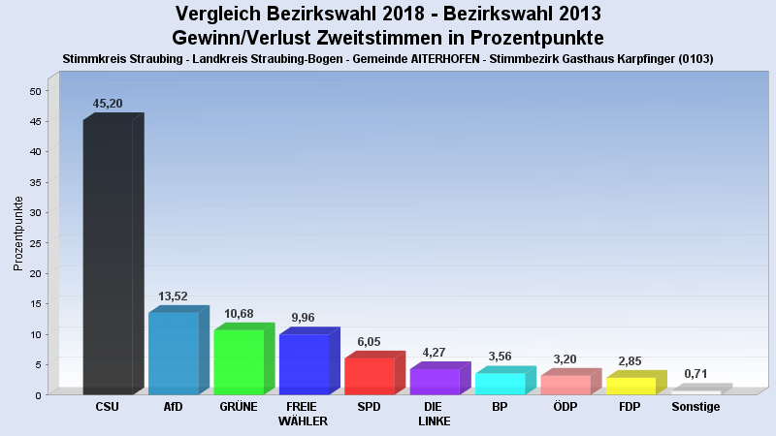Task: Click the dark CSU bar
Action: pos(108,257)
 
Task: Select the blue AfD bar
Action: pos(173,353)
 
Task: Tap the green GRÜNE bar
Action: pos(239,361)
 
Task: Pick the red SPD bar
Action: pos(370,376)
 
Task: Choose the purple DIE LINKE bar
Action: pos(435,381)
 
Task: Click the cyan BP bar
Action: pos(500,383)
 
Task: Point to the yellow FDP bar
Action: pos(630,386)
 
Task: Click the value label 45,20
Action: pos(108,104)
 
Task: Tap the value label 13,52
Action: pos(173,296)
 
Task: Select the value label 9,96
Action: pos(305,317)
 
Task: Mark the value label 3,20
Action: pos(566,358)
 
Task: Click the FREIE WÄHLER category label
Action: pos(303,414)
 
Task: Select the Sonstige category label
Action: pos(695,407)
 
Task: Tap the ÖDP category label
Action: pos(566,407)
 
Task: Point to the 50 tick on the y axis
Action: pos(35,91)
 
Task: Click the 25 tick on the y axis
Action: pos(35,243)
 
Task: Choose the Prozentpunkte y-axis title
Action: pos(18,233)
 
